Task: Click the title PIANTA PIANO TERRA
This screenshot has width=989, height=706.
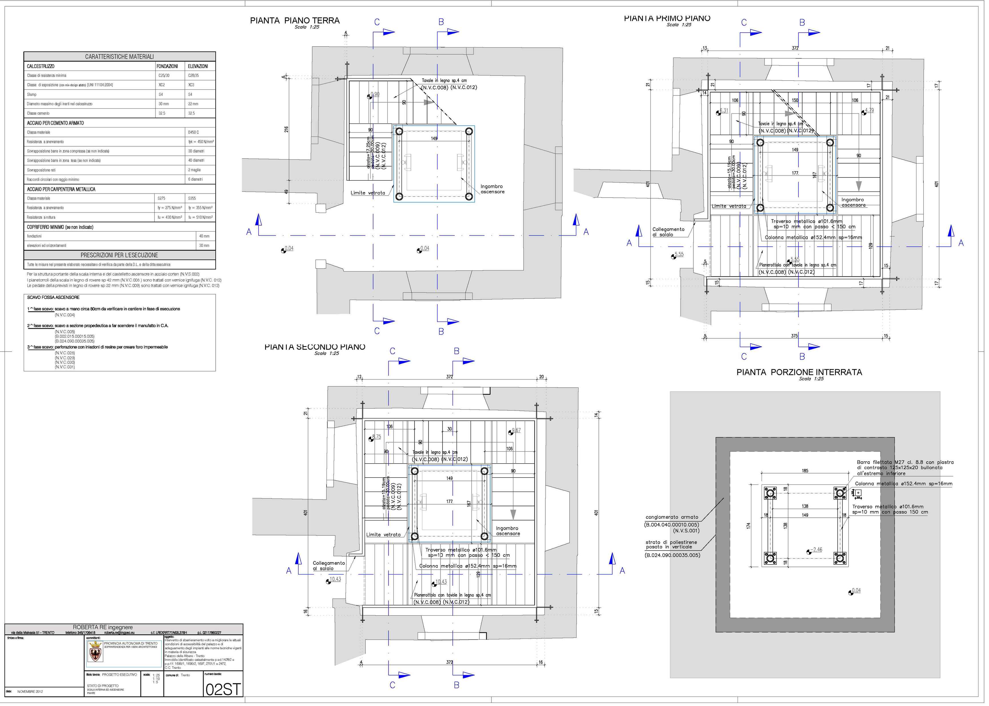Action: tap(295, 20)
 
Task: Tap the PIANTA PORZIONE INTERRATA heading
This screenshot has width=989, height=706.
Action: tap(799, 372)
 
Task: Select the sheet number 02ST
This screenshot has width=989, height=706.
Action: tap(223, 689)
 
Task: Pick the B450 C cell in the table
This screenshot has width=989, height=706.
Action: tap(193, 132)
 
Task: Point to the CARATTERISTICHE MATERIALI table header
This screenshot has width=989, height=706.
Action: tap(119, 57)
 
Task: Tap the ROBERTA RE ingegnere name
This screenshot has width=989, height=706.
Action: tap(103, 627)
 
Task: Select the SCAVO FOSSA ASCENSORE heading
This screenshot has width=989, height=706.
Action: tap(53, 297)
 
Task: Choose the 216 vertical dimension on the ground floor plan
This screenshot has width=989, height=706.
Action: tap(286, 129)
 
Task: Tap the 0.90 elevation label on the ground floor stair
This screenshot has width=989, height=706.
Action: tap(375, 94)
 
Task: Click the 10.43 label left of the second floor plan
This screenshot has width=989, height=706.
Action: tap(335, 579)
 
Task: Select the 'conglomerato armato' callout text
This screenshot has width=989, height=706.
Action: tap(672, 517)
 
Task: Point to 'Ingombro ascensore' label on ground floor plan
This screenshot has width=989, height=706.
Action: tap(492, 189)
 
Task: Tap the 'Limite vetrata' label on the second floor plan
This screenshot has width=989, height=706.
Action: tap(383, 535)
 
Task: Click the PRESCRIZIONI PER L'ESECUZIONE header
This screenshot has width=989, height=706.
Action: tap(119, 255)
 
